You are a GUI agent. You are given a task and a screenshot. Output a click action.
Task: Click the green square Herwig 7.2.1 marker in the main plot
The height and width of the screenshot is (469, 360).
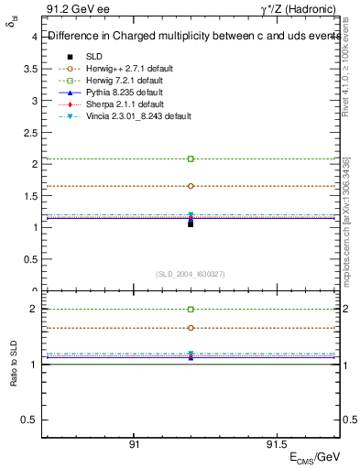pos(191,159)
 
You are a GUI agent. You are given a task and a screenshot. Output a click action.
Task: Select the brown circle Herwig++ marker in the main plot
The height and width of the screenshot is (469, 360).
pos(191,186)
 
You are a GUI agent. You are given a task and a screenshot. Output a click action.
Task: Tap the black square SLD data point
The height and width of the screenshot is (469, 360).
pos(191,224)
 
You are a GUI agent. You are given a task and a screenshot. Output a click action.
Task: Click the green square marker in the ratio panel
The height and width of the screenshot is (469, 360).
pos(191,310)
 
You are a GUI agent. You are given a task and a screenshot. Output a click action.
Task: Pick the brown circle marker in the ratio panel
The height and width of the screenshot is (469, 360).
pos(191,328)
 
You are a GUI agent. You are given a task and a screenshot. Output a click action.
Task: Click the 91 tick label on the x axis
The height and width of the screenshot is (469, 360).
pos(134,443)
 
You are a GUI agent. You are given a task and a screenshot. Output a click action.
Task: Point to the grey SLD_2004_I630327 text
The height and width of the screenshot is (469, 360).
pos(191,274)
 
